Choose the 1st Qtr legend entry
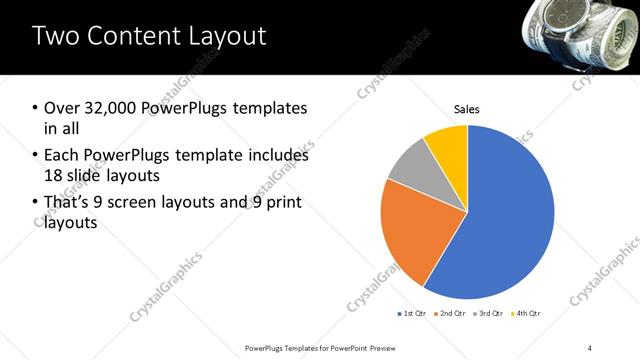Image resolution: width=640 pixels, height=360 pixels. click(x=412, y=313)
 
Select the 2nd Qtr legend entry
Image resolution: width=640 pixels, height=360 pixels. click(x=452, y=313)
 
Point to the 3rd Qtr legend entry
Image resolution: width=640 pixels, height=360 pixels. click(x=490, y=313)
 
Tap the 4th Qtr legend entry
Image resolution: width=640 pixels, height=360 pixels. click(x=527, y=313)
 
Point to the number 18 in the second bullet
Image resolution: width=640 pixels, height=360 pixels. click(x=54, y=175)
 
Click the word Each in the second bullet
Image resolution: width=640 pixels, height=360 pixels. click(x=62, y=155)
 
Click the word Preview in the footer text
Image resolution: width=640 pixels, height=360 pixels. click(x=381, y=347)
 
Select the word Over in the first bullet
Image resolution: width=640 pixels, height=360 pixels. click(x=64, y=107)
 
